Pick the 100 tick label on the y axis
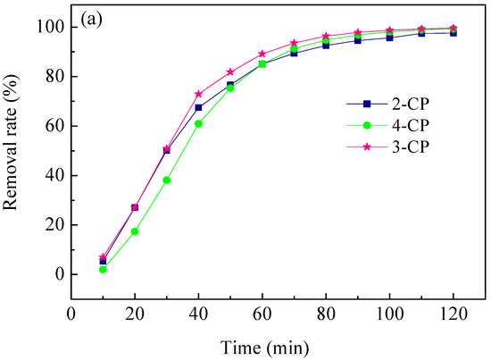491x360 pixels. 49,28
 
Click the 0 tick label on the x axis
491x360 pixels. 71,315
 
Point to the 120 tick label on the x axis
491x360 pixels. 454,315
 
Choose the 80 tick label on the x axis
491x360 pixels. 326,315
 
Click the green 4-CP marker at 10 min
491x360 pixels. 104,269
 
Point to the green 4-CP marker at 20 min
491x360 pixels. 135,231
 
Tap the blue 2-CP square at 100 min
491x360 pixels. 390,38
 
